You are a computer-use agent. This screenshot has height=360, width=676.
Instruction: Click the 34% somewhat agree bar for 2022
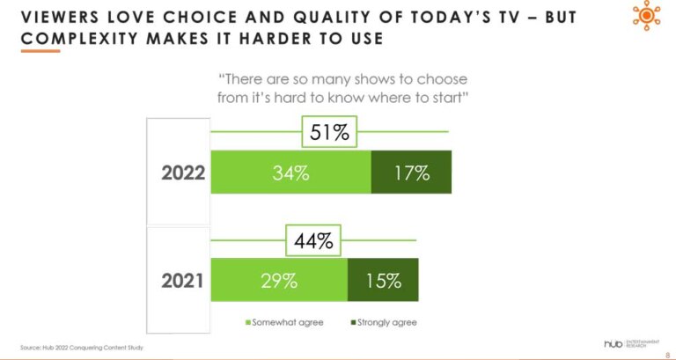pos(290,173)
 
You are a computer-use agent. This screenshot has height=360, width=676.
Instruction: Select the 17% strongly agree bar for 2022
pos(411,173)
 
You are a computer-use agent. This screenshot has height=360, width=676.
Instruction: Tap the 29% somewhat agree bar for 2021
pos(279,281)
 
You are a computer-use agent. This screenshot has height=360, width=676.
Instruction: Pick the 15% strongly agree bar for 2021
pos(383,281)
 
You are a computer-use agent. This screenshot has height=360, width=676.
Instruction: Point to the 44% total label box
pos(312,240)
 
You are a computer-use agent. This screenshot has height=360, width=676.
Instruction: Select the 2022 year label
pos(183,173)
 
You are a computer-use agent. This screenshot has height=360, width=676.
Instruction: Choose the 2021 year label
pos(182,281)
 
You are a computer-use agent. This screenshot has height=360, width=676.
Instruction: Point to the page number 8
pos(665,354)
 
